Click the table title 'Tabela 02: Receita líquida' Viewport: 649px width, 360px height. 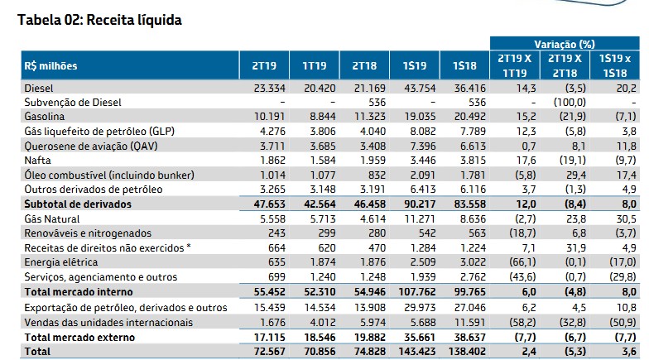click(94, 18)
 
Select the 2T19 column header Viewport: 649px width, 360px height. click(265, 65)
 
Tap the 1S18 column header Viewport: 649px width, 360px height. click(465, 65)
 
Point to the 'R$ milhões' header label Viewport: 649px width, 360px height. click(50, 65)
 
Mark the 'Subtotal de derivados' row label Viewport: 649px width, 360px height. click(75, 203)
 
